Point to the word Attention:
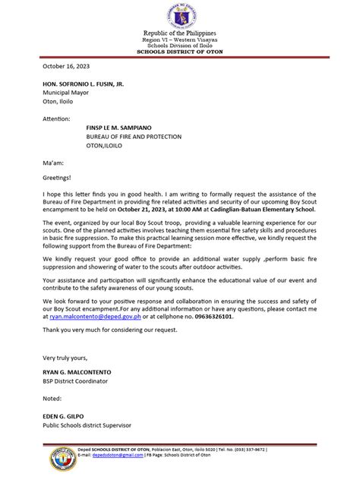tap(56, 119)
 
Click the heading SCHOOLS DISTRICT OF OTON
tap(181, 51)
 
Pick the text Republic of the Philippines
tap(181, 33)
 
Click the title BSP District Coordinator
tap(75, 381)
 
